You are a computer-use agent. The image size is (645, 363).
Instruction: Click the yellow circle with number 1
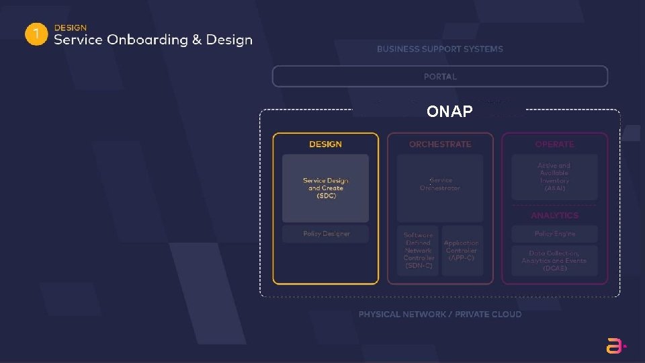pos(36,35)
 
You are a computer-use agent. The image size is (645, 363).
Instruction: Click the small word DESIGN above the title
pos(70,28)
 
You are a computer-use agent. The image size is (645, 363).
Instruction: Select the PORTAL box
pos(440,77)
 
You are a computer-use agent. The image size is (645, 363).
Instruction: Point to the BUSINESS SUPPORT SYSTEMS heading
pos(440,49)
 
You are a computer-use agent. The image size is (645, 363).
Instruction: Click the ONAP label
pos(449,112)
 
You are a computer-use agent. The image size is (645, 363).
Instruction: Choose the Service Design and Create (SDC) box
pos(325,188)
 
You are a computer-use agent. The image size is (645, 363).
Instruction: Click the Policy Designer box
pos(325,234)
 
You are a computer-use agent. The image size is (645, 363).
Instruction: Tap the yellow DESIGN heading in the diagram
pos(325,145)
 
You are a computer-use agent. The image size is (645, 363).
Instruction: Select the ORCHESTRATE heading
pos(440,145)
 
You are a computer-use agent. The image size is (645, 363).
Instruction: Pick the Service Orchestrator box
pos(440,185)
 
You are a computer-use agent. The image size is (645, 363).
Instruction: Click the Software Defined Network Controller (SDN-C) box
pos(419,251)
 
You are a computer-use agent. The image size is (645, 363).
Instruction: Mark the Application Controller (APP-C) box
pos(462,251)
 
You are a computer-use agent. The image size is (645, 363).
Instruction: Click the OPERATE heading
pos(554,145)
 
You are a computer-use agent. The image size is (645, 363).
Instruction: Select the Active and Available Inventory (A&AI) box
pos(554,177)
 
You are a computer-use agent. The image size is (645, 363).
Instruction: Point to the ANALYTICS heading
pos(554,216)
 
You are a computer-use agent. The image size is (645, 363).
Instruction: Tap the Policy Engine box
pos(554,234)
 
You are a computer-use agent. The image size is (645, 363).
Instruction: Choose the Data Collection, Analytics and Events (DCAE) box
pos(554,261)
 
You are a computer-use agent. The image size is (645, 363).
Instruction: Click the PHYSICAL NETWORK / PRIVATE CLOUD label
pos(440,315)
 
